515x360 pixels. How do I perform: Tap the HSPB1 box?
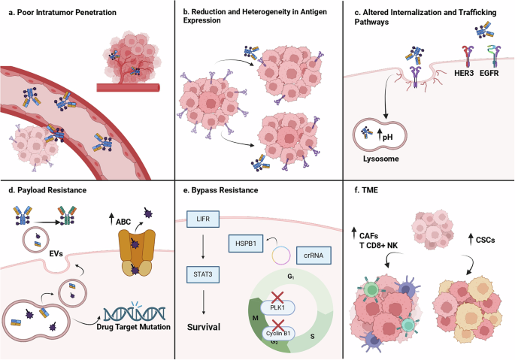[x=243, y=241]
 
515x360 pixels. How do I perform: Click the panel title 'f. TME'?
[x=362, y=192]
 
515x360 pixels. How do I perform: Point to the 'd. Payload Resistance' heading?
[x=47, y=192]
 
